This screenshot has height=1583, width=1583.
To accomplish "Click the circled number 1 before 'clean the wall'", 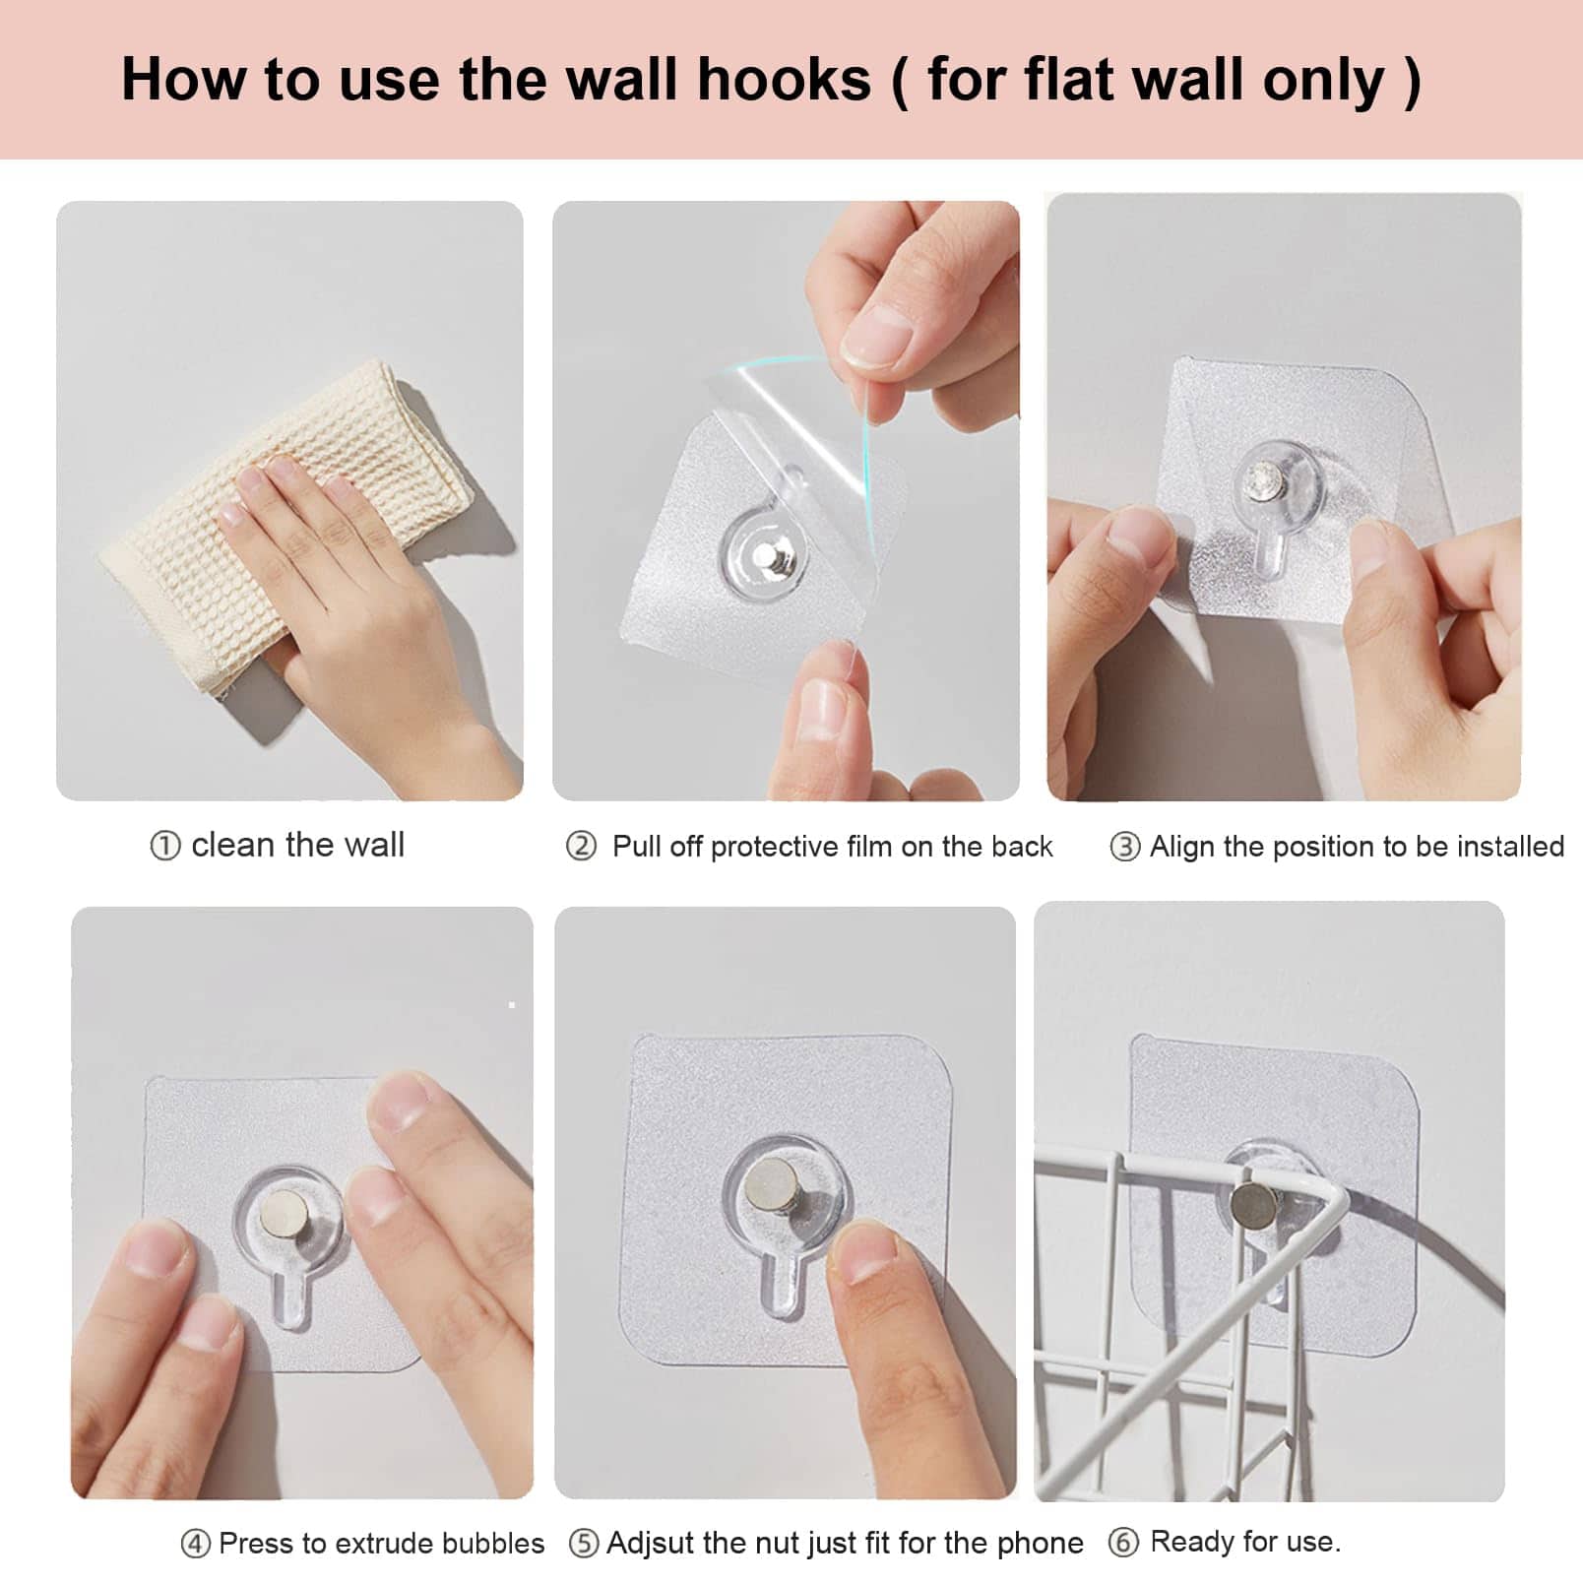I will pos(165,846).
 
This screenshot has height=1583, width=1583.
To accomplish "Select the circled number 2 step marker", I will pos(581,846).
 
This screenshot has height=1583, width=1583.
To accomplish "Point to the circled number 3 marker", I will pos(1124,847).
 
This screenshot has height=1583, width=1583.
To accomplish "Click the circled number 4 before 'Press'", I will pos(195,1544).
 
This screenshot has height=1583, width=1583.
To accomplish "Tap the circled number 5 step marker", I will pos(583,1543).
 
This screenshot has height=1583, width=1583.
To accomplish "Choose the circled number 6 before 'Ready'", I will pos(1123,1542).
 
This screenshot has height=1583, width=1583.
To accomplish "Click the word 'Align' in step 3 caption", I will pos(1181,847).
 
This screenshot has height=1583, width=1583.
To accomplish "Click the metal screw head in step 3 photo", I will pos(1258,480).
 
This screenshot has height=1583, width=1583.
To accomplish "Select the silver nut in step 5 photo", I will pos(773,1181).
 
